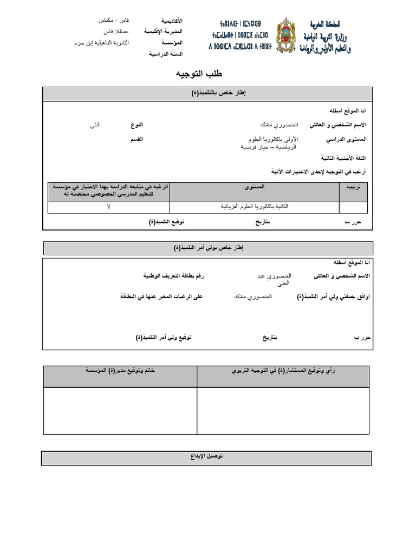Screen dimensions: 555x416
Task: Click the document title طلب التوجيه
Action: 199,74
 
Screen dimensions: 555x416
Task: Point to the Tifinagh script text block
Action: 240,35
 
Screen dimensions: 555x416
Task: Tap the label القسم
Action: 136,140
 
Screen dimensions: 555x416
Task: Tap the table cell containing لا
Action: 108,207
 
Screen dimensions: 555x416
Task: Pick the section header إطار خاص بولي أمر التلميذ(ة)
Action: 209,248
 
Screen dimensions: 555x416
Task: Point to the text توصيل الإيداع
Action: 206,457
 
